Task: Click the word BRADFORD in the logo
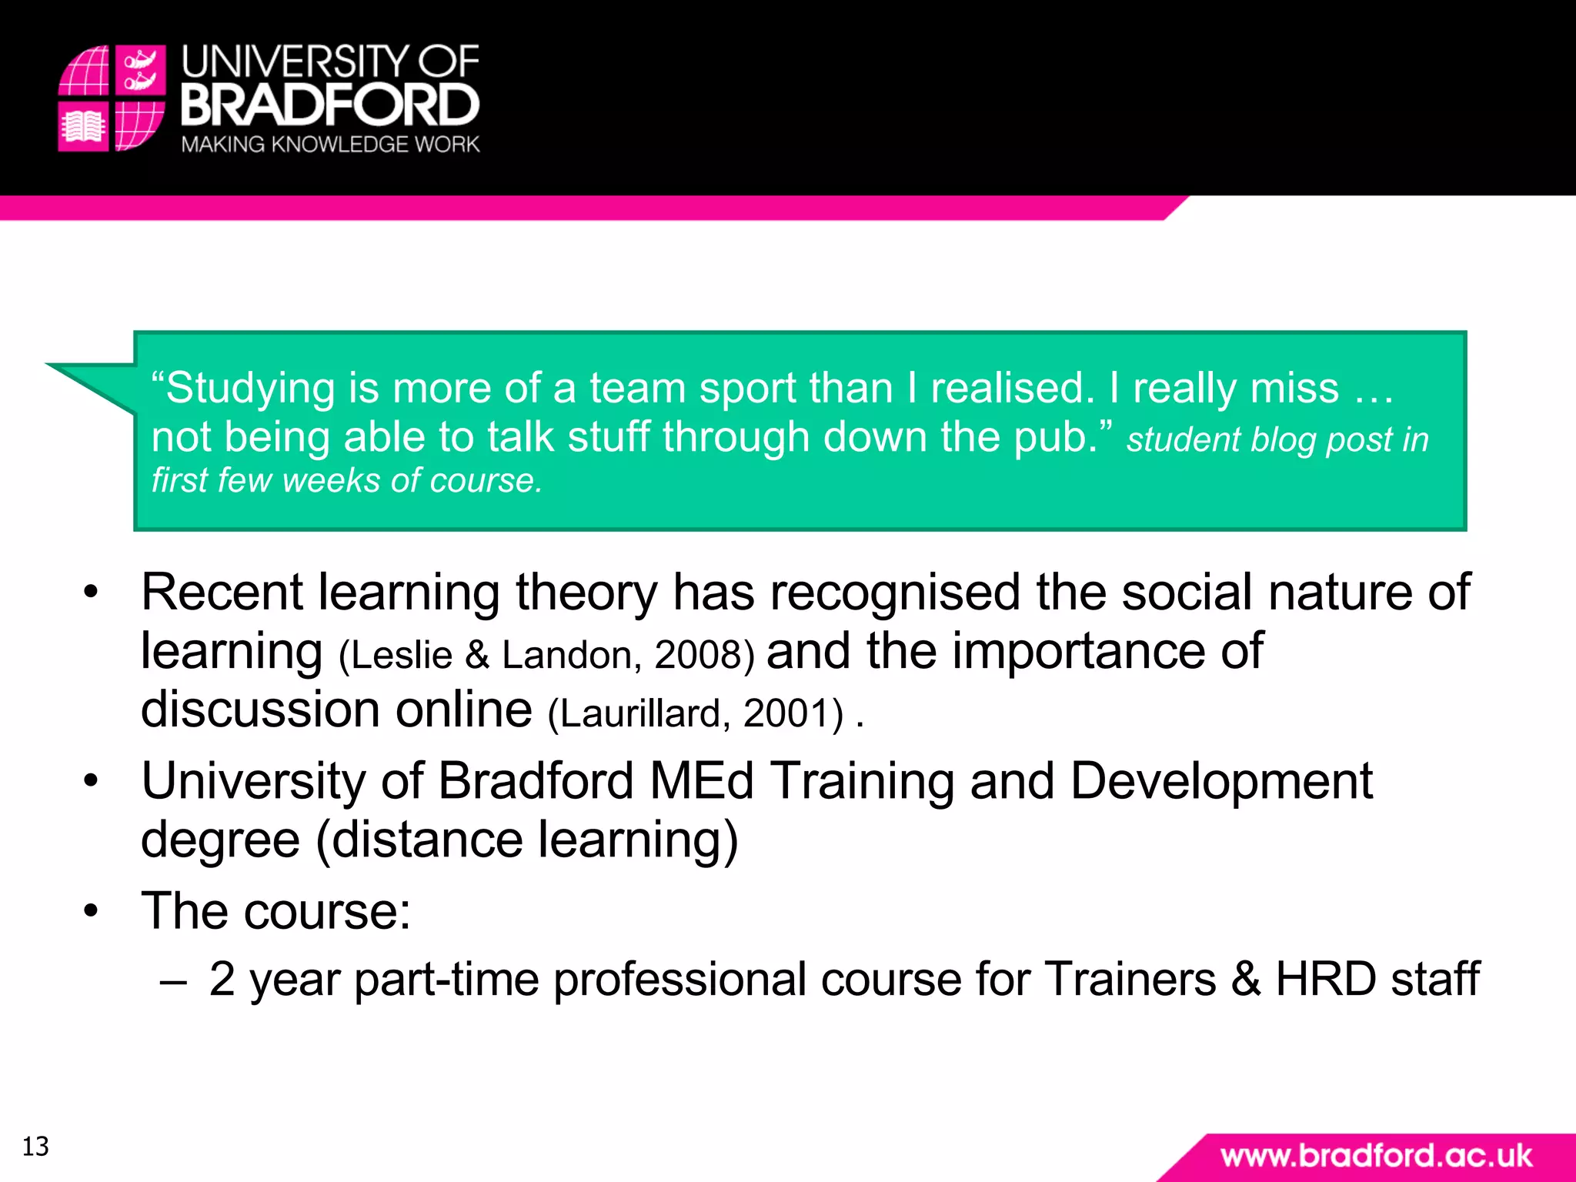point(330,105)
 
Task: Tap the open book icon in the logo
point(83,126)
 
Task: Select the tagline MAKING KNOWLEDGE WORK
point(330,145)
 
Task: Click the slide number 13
point(35,1147)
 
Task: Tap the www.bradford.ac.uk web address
point(1376,1156)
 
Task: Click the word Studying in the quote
point(251,388)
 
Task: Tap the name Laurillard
point(639,713)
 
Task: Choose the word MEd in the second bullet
point(701,781)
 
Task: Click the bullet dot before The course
point(92,911)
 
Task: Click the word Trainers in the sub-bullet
point(1130,979)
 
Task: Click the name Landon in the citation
point(566,655)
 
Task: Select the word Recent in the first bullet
point(222,593)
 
